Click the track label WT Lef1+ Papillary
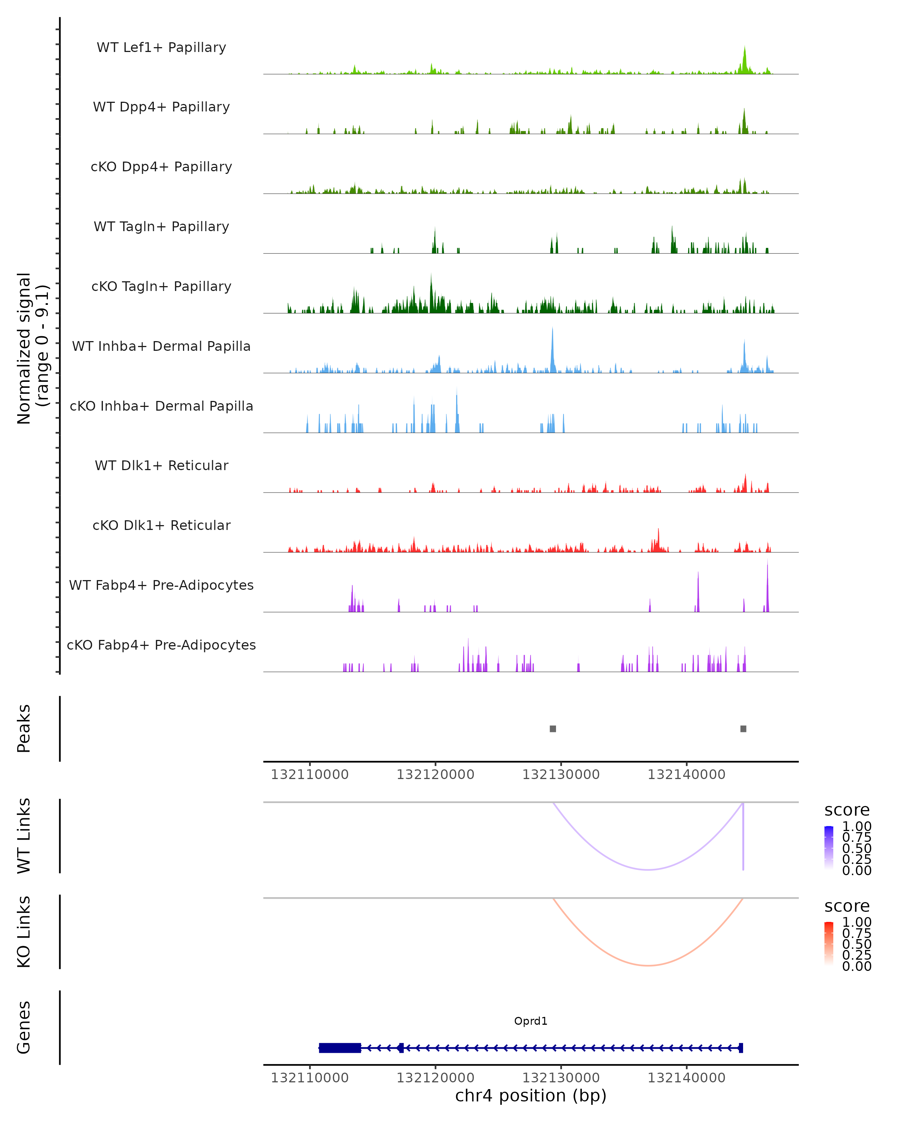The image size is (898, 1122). [x=161, y=47]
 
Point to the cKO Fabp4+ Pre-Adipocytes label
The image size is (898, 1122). [x=161, y=645]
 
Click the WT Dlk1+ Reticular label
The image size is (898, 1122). [x=161, y=465]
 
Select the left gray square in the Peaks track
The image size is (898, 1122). [x=553, y=729]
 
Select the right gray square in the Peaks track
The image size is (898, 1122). [x=743, y=729]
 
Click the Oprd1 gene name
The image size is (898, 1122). [x=531, y=1021]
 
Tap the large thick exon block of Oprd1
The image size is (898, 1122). [x=340, y=1048]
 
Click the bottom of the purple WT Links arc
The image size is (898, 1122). [x=648, y=869]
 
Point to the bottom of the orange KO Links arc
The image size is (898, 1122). [x=648, y=965]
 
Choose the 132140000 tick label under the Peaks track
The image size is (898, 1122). [x=686, y=775]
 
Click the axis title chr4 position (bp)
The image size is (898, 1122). [x=531, y=1095]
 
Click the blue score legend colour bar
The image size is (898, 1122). [x=829, y=847]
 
